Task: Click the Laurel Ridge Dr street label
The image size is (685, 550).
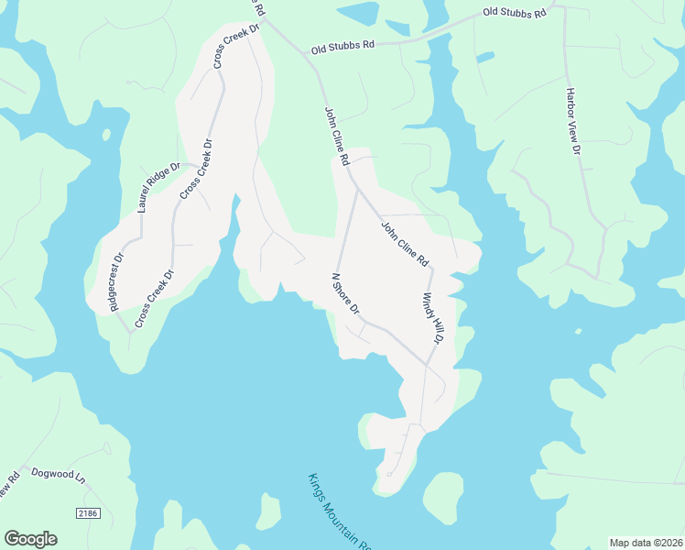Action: point(160,188)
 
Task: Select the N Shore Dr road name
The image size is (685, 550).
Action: point(345,293)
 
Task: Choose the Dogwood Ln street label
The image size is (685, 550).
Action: point(58,475)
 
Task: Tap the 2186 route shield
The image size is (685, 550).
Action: point(87,513)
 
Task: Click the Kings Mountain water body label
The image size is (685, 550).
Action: point(339,511)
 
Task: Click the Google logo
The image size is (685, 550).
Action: point(30,539)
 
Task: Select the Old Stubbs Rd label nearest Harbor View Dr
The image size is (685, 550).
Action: point(515,14)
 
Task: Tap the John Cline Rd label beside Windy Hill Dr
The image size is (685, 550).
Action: point(405,244)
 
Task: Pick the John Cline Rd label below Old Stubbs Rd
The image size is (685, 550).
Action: point(337,136)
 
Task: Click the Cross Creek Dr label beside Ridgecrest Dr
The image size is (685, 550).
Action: point(154,299)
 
